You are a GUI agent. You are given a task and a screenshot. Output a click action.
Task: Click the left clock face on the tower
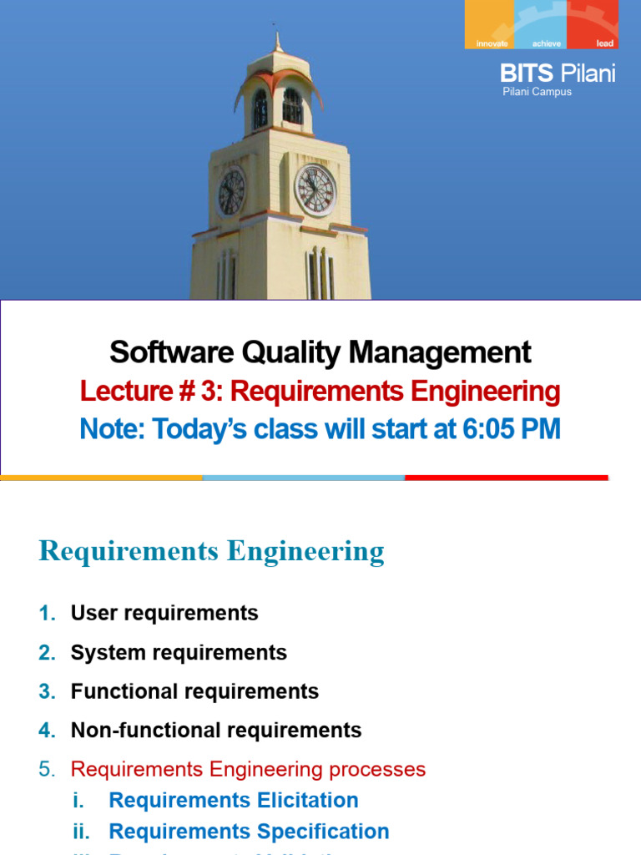point(231,192)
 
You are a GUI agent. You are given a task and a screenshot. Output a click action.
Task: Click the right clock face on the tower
point(316,190)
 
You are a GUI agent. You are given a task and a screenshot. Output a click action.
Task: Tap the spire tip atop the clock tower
point(278,35)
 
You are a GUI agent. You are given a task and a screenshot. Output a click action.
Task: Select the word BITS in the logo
point(527,73)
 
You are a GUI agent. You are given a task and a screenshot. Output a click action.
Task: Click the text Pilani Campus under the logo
point(537,92)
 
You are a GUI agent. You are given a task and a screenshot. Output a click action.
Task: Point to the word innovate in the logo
point(492,43)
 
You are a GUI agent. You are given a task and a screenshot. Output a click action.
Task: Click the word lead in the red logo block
point(605,43)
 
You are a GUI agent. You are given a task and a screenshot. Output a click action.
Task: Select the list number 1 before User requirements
point(47,614)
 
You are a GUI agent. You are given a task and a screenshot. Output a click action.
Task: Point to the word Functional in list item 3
point(121,691)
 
